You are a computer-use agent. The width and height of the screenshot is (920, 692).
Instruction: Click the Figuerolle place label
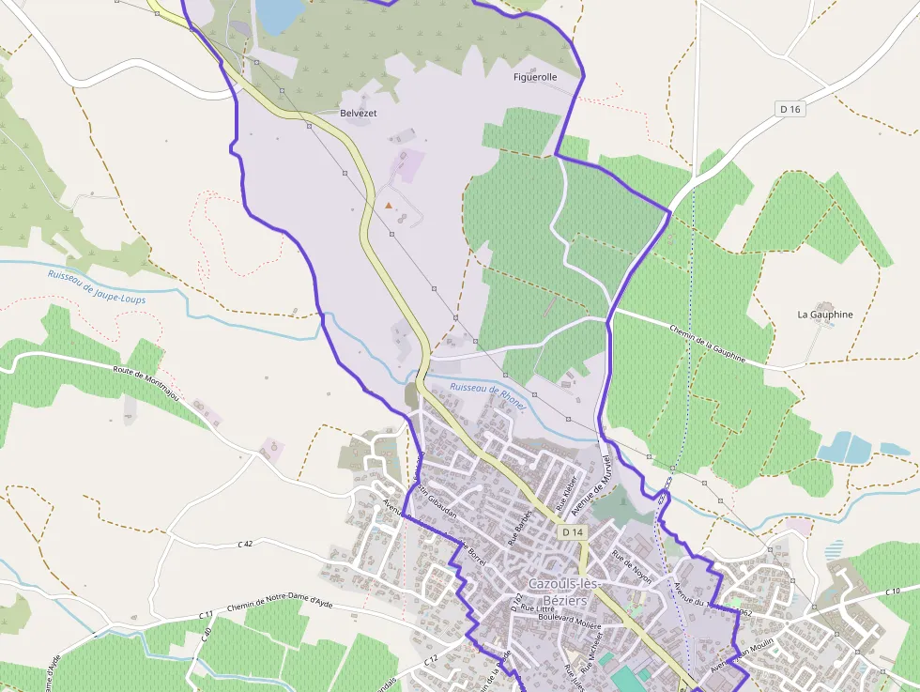pyautogui.click(x=535, y=77)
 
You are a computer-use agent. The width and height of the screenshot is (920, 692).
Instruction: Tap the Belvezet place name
pyautogui.click(x=358, y=113)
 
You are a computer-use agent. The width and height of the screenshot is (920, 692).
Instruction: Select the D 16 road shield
pyautogui.click(x=791, y=109)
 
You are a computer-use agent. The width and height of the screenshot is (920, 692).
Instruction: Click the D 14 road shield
pyautogui.click(x=573, y=532)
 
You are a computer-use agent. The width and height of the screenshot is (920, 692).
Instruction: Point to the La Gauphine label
pyautogui.click(x=825, y=315)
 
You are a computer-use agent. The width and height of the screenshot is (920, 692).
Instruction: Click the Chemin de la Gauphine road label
pyautogui.click(x=708, y=344)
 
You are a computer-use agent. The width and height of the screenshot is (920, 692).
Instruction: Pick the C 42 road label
pyautogui.click(x=246, y=544)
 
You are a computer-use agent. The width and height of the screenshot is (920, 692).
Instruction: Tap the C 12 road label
pyautogui.click(x=430, y=662)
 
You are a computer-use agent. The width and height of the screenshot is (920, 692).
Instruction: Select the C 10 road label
pyautogui.click(x=892, y=592)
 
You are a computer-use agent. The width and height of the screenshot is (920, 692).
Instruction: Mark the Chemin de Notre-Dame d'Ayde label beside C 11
pyautogui.click(x=281, y=604)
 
